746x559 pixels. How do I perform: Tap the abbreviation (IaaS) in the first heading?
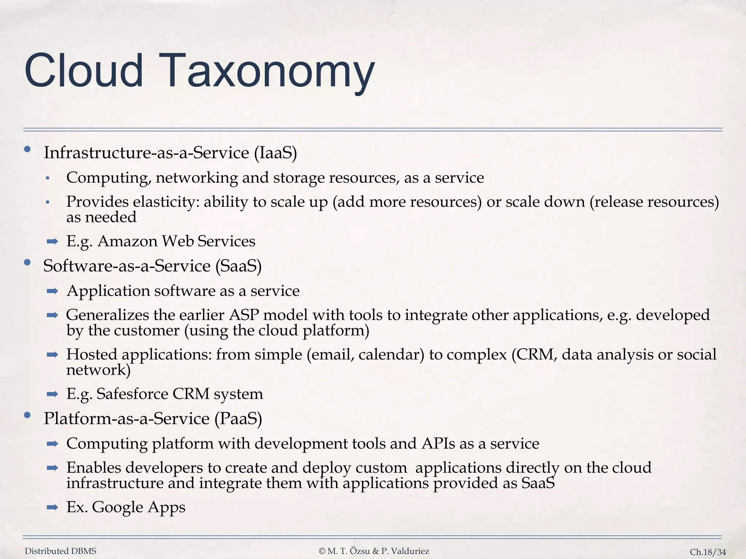[275, 152]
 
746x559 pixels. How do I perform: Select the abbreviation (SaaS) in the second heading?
[239, 266]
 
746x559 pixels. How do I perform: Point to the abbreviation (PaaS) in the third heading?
[238, 419]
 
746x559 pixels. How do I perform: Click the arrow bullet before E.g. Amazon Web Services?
[52, 241]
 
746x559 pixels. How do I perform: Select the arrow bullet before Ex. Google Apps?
[52, 507]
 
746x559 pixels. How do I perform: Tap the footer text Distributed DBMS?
[60, 551]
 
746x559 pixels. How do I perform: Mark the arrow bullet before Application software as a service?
[52, 291]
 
